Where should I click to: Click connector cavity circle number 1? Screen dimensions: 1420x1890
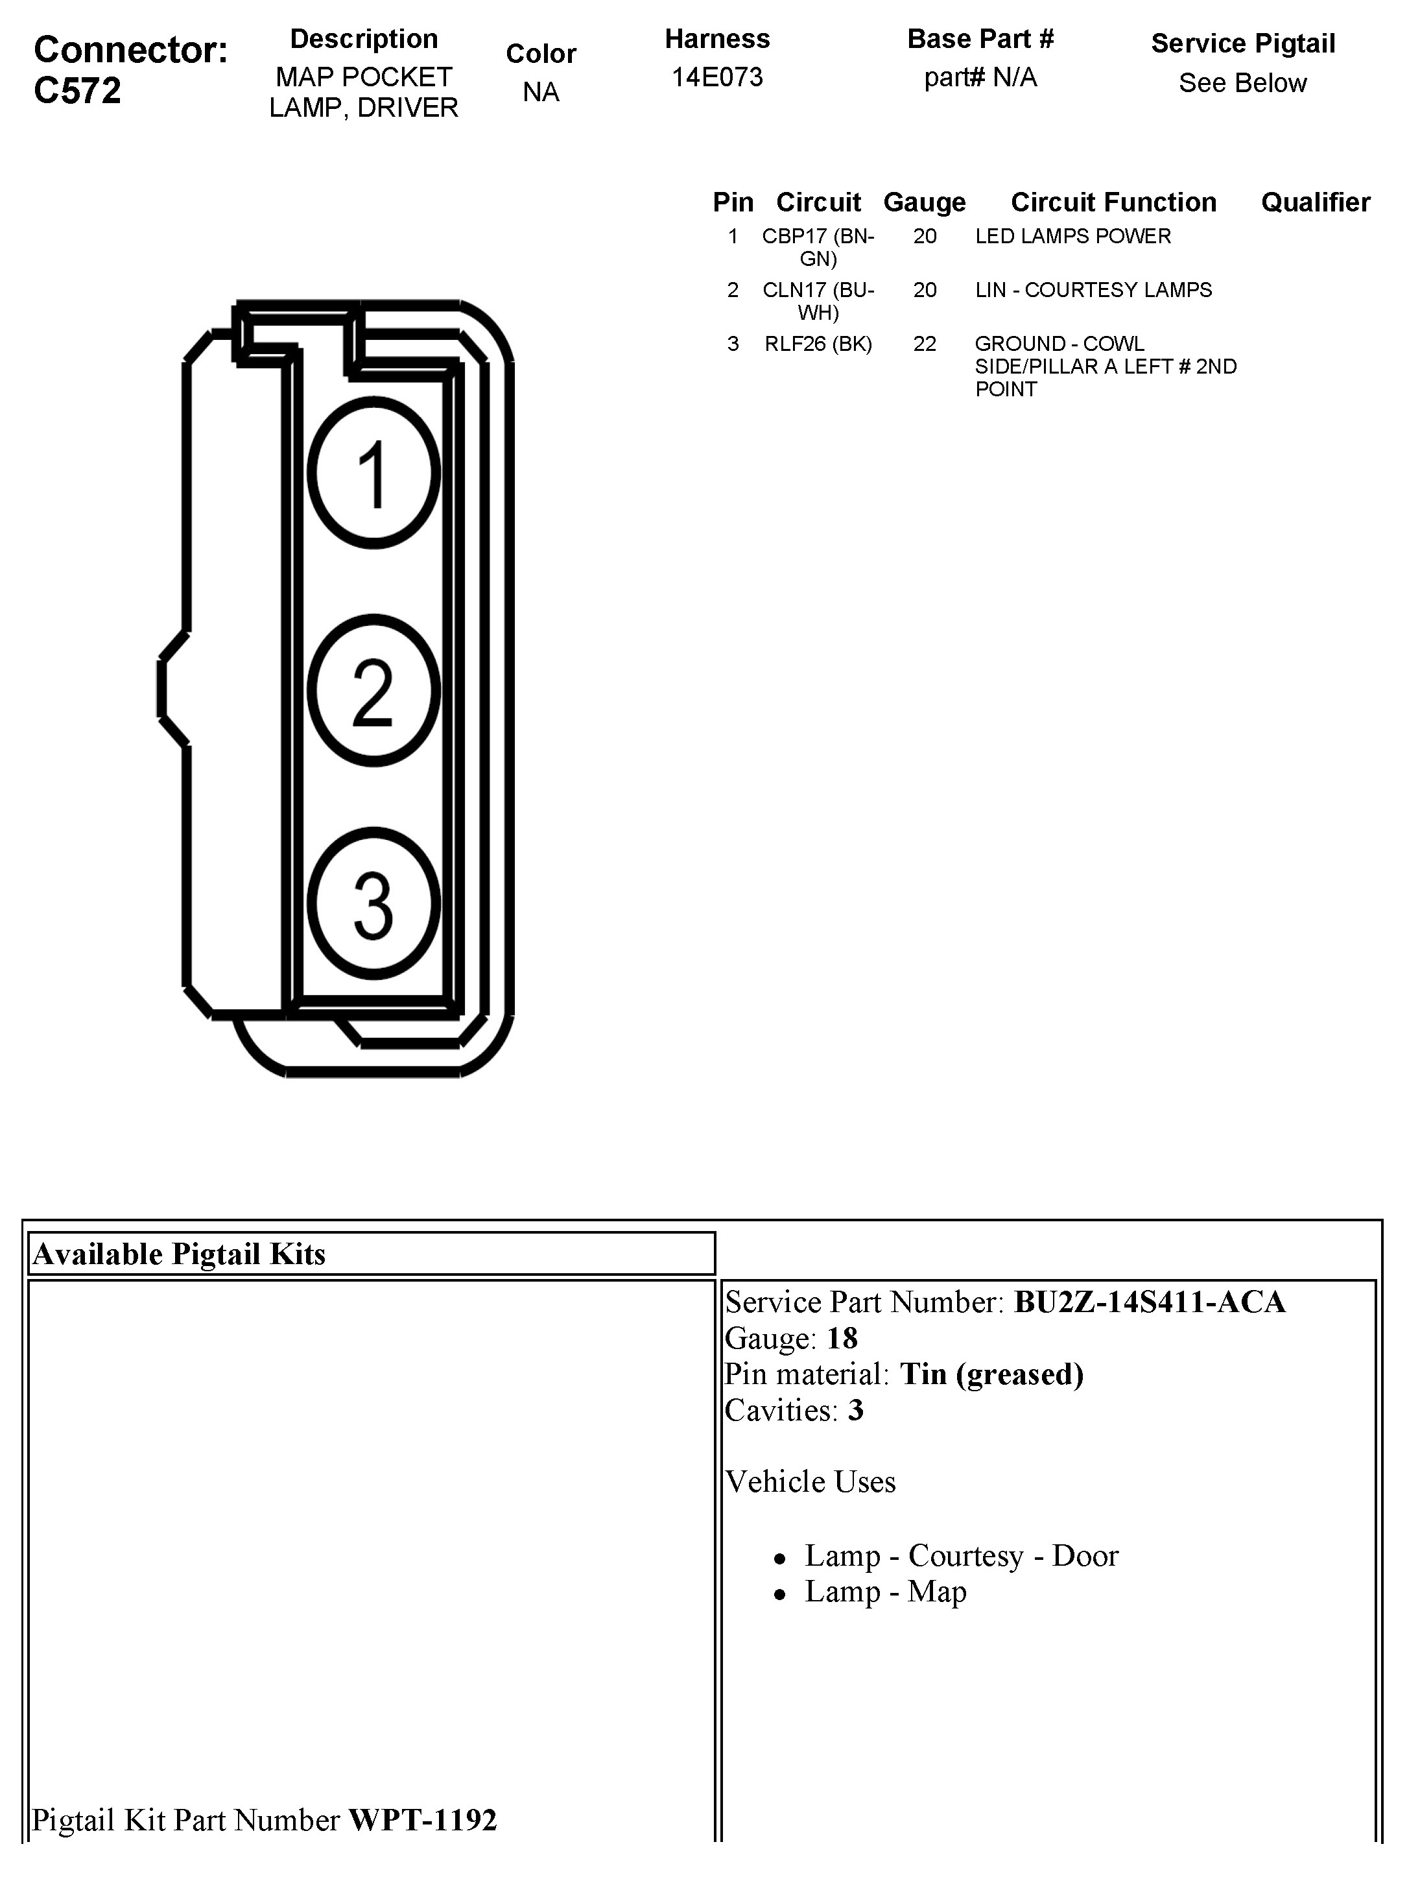coord(373,472)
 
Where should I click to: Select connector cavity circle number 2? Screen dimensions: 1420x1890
coord(373,690)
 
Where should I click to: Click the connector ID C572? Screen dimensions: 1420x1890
coord(77,91)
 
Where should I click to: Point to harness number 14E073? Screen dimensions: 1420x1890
coord(717,77)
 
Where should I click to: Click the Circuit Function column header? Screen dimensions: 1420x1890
coord(1113,202)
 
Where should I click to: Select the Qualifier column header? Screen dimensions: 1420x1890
coord(1315,202)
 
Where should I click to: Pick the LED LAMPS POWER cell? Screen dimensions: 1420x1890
coord(1072,236)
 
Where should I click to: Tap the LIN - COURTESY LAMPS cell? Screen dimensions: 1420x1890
coord(1093,290)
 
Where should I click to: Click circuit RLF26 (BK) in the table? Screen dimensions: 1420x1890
coord(818,344)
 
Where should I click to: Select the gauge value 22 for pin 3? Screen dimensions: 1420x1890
coord(925,344)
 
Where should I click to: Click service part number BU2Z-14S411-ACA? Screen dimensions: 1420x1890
coord(1149,1302)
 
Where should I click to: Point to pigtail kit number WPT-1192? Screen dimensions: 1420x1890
coord(422,1819)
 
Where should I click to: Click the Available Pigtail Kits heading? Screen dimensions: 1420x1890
coord(180,1254)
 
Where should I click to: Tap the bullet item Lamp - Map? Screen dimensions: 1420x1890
coord(885,1591)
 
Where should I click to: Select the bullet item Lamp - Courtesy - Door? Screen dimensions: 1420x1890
coord(961,1555)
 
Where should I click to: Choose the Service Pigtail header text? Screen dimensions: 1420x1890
coord(1242,43)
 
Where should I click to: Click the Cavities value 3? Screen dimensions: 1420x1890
coord(855,1410)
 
